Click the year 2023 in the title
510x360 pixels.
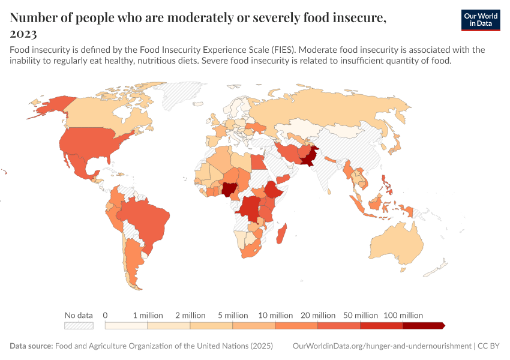(23, 34)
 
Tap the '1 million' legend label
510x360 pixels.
(148, 315)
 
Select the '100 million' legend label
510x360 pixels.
(403, 315)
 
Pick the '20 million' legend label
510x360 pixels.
(318, 315)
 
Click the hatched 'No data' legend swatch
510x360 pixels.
(79, 325)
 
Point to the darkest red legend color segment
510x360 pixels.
(423, 325)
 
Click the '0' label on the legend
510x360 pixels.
(105, 315)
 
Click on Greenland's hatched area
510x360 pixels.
(180, 96)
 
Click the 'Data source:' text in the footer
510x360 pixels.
(31, 346)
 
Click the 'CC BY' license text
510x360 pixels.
(490, 346)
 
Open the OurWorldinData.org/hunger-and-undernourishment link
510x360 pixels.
(382, 346)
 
